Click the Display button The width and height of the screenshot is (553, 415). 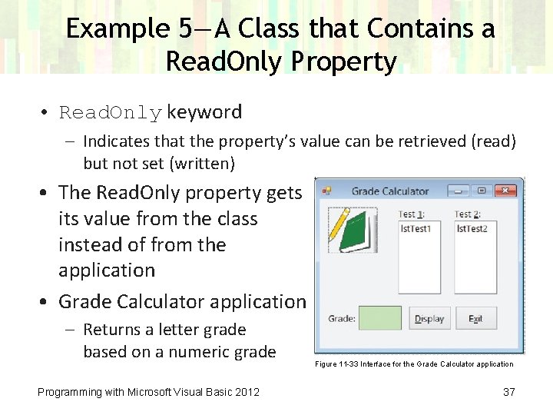pos(429,319)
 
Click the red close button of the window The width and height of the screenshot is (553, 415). pos(505,191)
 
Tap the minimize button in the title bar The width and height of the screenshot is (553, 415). pos(459,191)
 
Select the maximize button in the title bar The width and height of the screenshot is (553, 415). pos(482,191)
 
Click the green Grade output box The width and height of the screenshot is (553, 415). pos(379,318)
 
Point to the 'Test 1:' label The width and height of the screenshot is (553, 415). pos(412,214)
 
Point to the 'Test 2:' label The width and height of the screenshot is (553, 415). pos(468,214)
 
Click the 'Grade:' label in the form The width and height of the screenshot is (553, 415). pos(342,319)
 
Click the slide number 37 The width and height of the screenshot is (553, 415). pos(509,392)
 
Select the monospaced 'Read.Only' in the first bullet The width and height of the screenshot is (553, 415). pos(111,113)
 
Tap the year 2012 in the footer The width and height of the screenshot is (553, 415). pos(247,392)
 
